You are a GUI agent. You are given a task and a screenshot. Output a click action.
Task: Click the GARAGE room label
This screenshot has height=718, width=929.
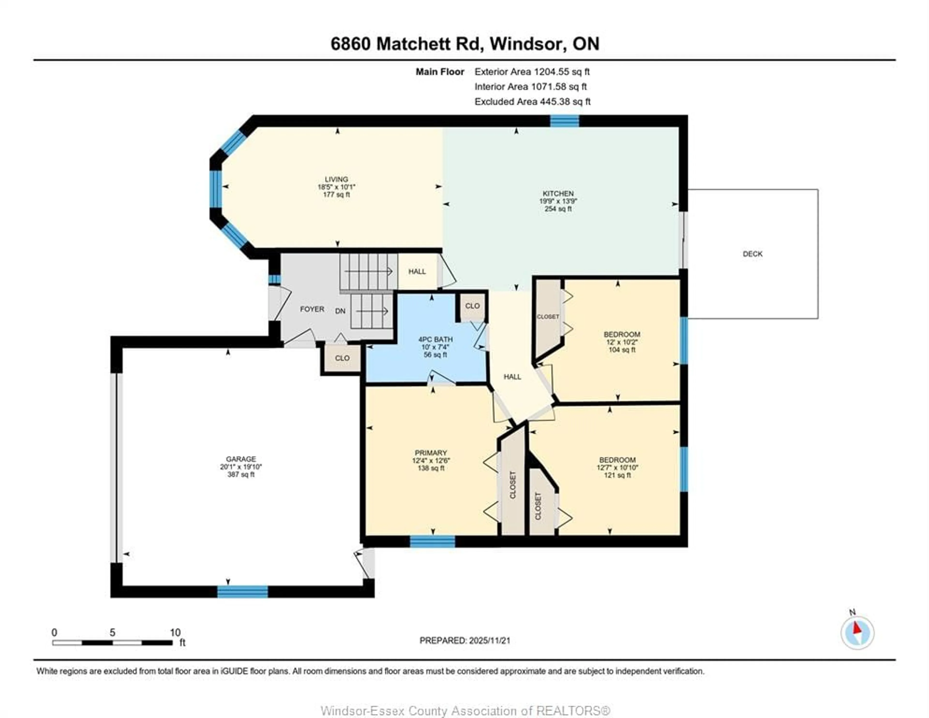[241, 459]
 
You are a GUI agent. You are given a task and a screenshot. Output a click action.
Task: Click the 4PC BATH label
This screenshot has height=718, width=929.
[435, 339]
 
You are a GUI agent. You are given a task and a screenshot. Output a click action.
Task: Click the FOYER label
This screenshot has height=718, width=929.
[312, 309]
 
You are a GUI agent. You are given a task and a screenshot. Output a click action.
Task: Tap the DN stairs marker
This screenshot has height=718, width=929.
[340, 311]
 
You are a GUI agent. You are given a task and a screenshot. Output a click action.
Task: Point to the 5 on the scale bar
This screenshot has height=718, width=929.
[112, 632]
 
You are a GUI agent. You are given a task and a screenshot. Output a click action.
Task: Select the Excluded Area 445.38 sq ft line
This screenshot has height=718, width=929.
[532, 101]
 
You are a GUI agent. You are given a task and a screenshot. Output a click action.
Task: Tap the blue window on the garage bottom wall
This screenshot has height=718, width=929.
[242, 592]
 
